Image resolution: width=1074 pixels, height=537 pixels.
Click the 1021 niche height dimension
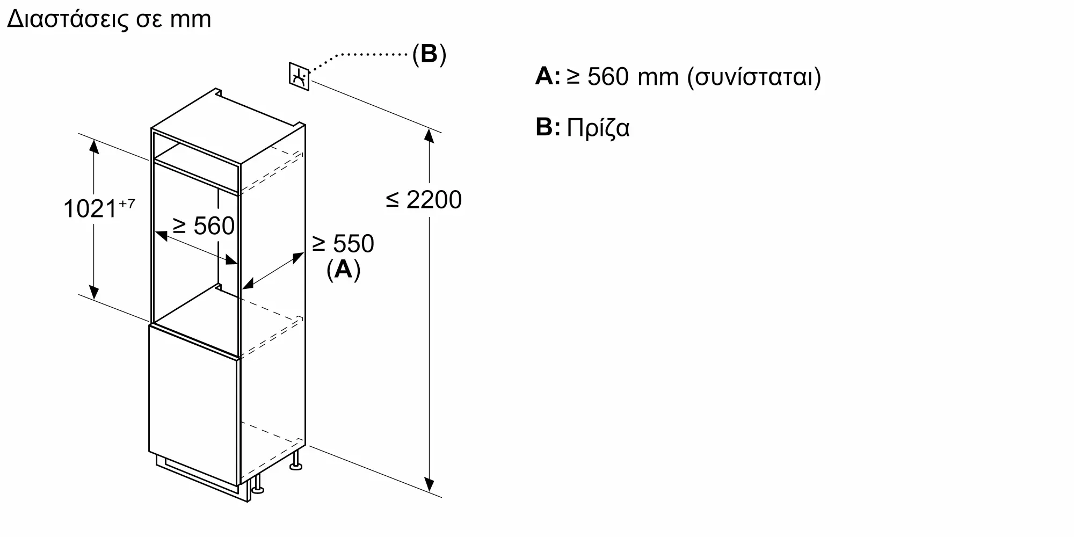tap(89, 209)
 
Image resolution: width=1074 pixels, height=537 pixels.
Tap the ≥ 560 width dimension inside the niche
tap(204, 226)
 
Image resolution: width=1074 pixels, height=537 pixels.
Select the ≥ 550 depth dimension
tap(343, 244)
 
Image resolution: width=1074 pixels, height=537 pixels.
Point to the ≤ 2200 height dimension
tap(424, 200)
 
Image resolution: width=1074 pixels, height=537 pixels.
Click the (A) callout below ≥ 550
tap(343, 270)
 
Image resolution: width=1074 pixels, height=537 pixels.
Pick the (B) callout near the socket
tap(429, 54)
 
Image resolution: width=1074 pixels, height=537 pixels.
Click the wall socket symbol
tap(299, 76)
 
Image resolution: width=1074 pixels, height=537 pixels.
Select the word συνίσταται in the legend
tap(754, 77)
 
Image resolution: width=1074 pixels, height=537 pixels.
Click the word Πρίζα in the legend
tap(598, 128)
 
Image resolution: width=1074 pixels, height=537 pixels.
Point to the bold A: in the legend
tap(548, 76)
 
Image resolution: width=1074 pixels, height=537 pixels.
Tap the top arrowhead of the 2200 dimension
tap(429, 135)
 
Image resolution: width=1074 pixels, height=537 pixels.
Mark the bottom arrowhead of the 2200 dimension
tap(429, 485)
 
